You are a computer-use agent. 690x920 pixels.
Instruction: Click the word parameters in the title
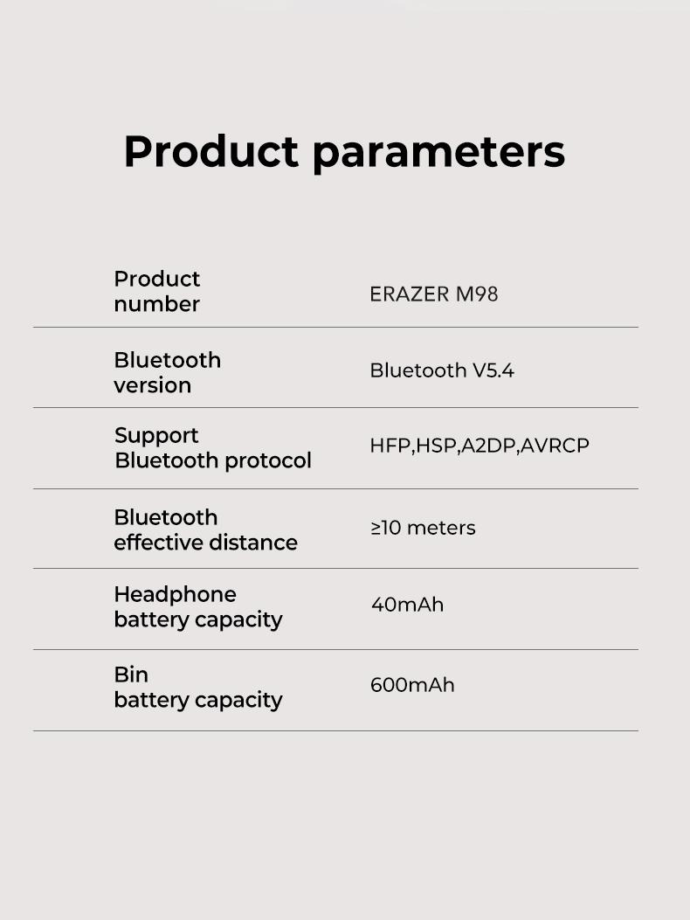438,152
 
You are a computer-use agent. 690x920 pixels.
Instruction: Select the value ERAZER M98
433,294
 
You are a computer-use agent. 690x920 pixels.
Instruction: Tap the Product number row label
157,291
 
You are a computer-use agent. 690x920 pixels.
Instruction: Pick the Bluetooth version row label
167,372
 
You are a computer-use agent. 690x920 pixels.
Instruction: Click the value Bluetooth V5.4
442,370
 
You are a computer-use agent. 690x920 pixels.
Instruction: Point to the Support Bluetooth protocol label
212,447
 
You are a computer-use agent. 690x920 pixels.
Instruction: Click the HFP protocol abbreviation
390,446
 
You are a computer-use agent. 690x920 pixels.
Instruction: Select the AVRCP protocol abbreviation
555,446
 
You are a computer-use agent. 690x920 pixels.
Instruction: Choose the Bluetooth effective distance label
205,529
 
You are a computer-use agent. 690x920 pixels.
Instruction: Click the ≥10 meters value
423,528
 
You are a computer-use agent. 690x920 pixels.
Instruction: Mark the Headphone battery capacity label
197,606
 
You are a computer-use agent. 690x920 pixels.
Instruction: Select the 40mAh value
407,605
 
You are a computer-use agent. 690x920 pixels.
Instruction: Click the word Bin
131,674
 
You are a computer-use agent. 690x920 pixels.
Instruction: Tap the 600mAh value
412,685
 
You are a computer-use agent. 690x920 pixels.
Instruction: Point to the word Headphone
175,594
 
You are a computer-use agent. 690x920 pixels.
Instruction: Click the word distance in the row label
258,543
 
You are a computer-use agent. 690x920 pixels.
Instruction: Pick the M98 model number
477,294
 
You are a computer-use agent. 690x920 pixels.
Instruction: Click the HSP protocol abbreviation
435,446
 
